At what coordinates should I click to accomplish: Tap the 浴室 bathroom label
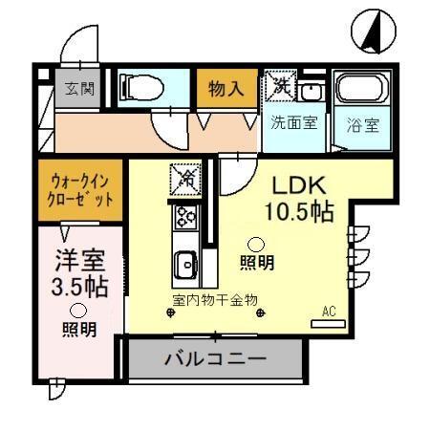click(362, 123)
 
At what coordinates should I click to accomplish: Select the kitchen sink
click(184, 261)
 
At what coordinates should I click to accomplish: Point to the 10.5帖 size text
click(300, 211)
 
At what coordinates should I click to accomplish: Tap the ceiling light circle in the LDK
click(257, 243)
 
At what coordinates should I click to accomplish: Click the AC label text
click(330, 311)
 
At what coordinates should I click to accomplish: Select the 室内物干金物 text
click(216, 298)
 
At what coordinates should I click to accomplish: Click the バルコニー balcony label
click(215, 360)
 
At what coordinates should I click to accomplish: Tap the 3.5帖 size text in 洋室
click(78, 285)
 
